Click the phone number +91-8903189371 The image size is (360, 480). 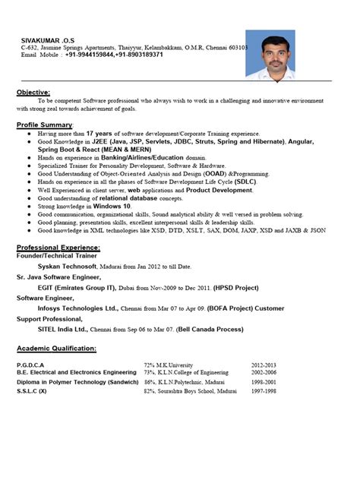[137, 55]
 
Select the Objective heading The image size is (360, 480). [33, 91]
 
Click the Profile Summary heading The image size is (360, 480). [45, 124]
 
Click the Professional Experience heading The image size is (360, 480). [58, 248]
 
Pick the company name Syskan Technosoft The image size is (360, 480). [67, 267]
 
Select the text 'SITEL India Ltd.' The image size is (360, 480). [63, 331]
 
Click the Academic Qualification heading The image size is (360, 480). [56, 349]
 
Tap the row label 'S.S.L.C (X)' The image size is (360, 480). [32, 391]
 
